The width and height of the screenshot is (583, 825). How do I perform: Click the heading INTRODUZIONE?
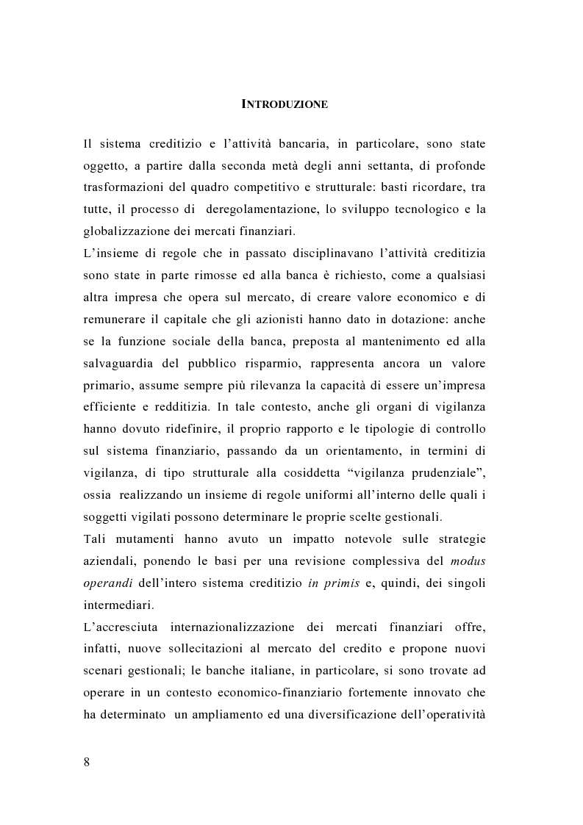click(285, 104)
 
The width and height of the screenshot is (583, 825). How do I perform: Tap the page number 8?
click(87, 761)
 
